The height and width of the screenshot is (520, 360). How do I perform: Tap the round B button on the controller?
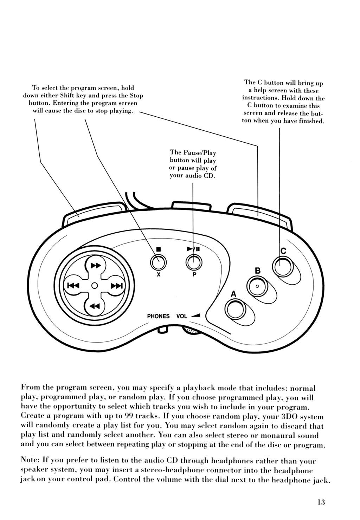257,286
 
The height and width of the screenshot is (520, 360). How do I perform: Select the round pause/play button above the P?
194,262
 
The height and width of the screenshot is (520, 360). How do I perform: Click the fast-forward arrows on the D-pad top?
95,265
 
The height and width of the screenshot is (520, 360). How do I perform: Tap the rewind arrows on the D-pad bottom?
95,306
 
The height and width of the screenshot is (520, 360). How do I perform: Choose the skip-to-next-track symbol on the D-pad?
116,286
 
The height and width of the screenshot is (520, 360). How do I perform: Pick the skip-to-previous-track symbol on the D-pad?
73,286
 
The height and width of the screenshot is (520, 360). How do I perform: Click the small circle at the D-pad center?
94,285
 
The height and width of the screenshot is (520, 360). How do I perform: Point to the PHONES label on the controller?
158,316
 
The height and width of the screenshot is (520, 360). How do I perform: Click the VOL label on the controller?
182,316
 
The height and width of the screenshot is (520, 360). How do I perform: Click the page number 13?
320,502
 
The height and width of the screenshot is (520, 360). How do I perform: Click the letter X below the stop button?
159,275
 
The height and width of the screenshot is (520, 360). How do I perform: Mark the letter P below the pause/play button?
194,275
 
